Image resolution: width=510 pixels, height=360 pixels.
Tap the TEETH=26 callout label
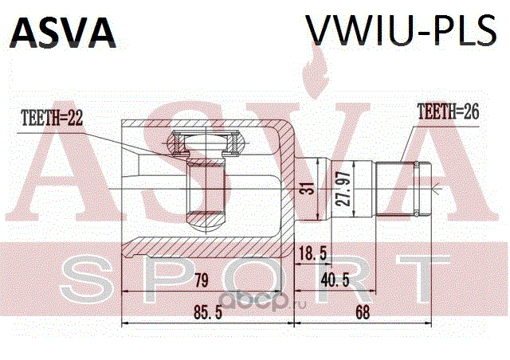448,113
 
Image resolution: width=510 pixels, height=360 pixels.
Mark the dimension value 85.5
206,314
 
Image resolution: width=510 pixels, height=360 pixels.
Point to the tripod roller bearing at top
205,144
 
